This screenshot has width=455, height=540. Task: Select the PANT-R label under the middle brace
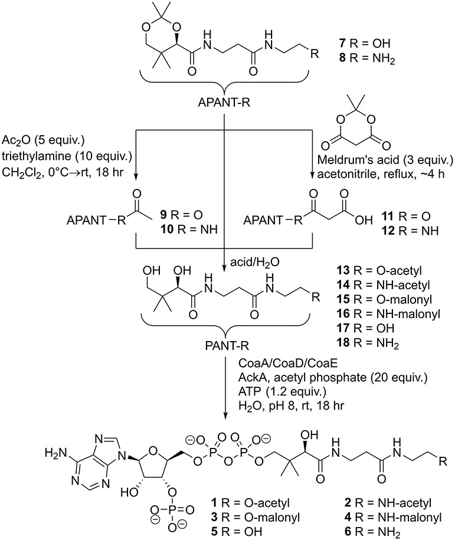pyautogui.click(x=228, y=338)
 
